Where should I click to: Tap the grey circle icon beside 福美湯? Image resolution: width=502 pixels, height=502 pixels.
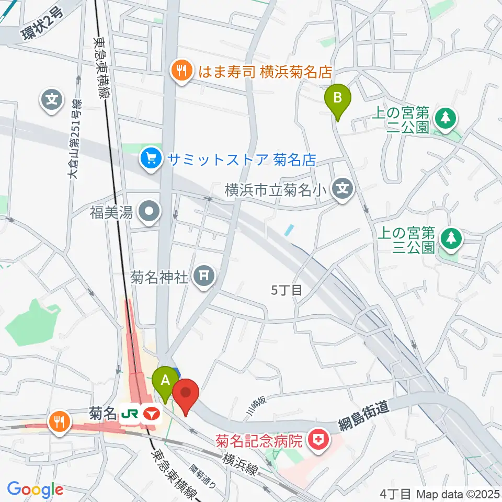150,212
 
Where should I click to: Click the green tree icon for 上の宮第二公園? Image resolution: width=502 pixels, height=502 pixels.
445,117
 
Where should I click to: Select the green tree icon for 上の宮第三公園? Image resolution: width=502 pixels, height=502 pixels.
449,238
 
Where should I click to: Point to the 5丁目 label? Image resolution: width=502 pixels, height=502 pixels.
287,290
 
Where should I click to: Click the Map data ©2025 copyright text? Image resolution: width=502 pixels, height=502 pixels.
458,493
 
